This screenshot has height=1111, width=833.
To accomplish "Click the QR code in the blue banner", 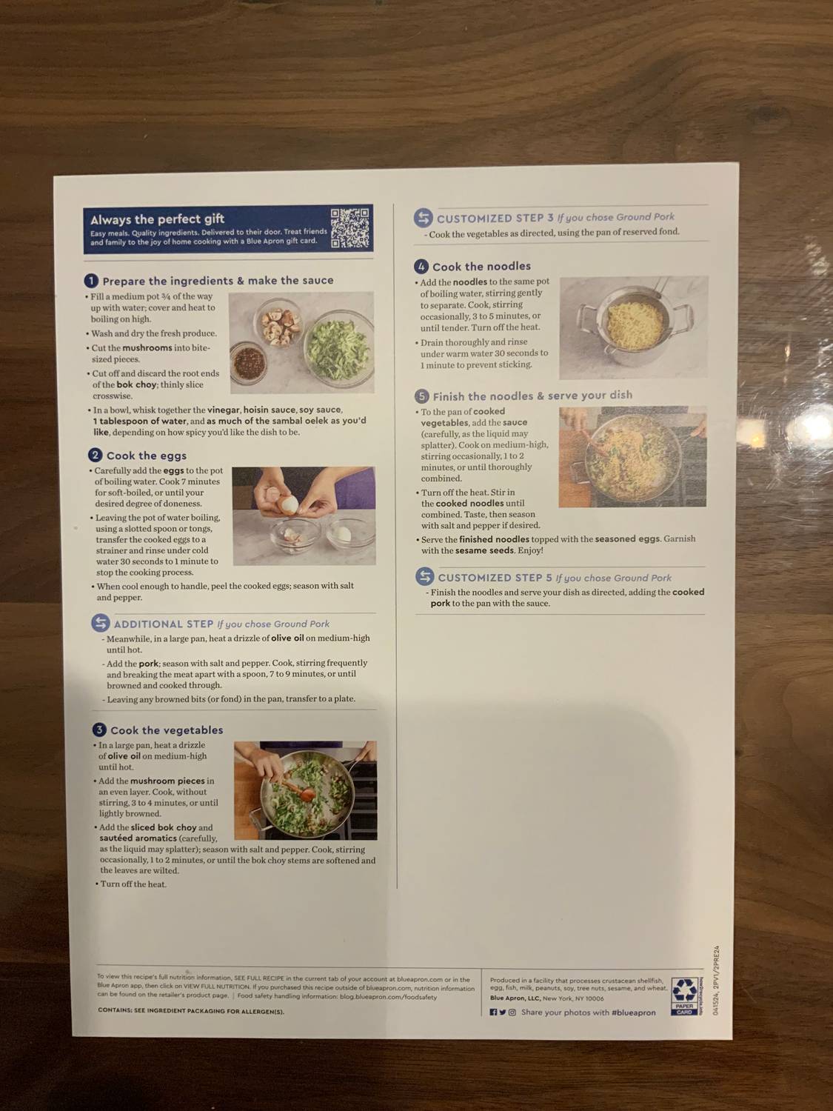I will (349, 228).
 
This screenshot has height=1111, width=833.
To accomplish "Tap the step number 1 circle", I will (91, 281).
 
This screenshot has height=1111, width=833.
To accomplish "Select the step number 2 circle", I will (95, 455).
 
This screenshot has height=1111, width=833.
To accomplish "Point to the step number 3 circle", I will (99, 730).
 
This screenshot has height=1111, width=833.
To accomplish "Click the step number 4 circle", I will (421, 266).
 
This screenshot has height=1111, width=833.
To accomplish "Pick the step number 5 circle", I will (422, 396).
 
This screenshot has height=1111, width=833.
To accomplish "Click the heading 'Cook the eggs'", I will (147, 456).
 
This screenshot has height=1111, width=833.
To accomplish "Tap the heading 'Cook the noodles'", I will (481, 267).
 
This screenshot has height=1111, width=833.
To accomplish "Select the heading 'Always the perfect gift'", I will (157, 219).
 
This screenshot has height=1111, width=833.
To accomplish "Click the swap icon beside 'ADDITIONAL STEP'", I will (101, 623).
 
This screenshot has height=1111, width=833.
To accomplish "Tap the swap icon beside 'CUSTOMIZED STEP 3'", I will (423, 218).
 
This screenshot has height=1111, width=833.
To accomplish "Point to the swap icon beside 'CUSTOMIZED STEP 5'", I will (424, 576).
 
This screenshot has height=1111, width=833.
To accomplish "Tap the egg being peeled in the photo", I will (289, 504).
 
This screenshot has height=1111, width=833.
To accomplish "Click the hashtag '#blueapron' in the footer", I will (634, 1012).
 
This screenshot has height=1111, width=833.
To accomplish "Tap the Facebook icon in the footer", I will (493, 1012).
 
